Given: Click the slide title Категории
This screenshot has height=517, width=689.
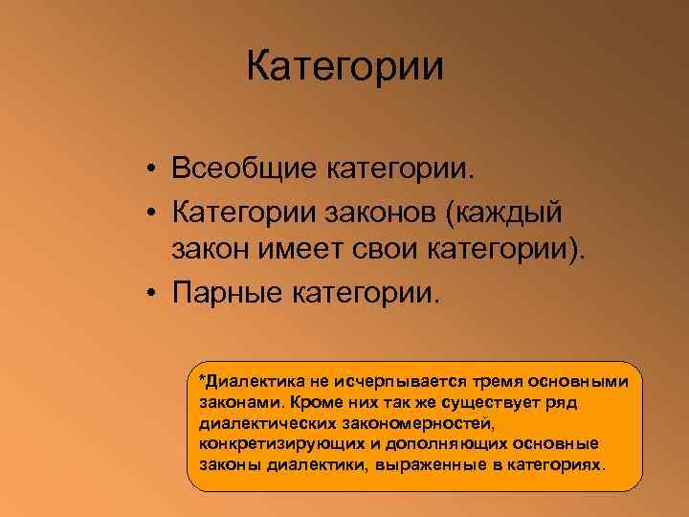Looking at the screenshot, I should (344, 68).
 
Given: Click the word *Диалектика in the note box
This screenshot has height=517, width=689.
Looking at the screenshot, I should (250, 381).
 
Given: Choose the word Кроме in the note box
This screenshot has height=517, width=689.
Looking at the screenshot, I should (301, 402).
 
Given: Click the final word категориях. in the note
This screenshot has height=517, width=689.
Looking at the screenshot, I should (559, 465).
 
